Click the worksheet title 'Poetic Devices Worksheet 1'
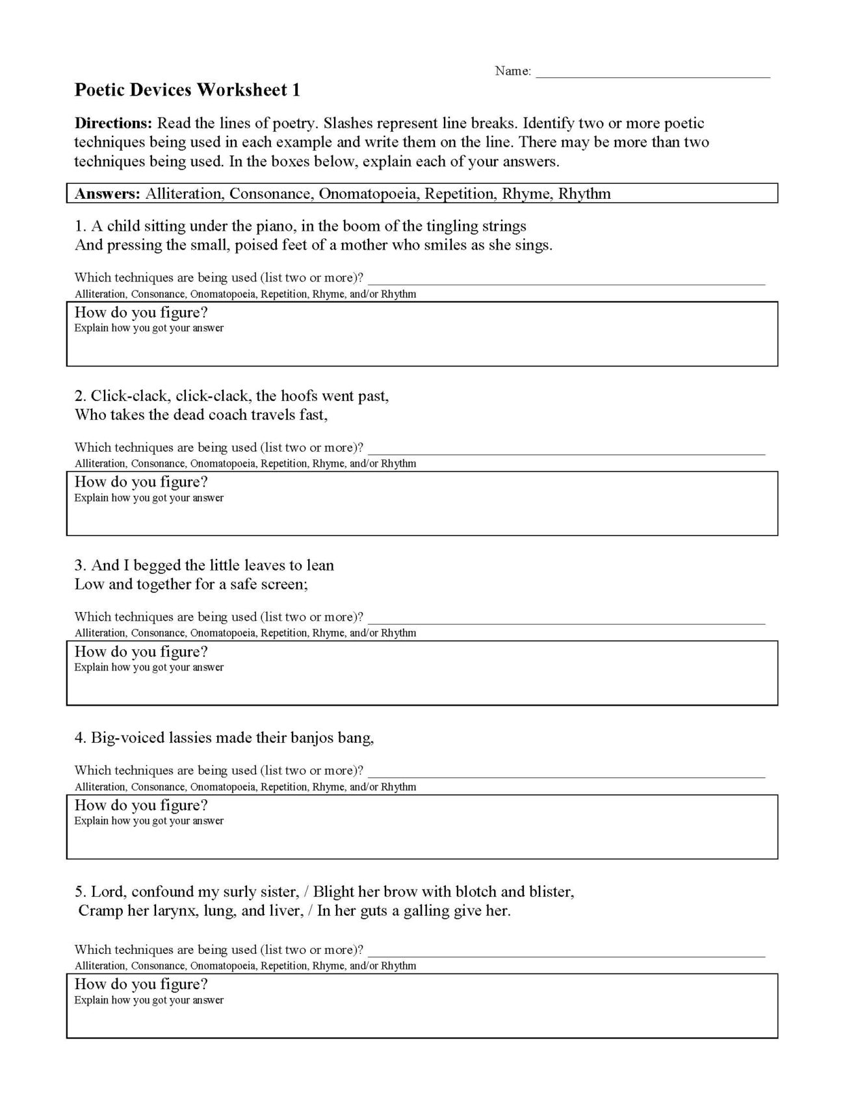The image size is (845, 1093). [x=187, y=90]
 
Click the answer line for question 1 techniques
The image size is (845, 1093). [x=566, y=279]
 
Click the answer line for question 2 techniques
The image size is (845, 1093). [x=566, y=449]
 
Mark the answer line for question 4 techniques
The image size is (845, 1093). [x=566, y=772]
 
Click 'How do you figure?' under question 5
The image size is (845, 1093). [x=141, y=984]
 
